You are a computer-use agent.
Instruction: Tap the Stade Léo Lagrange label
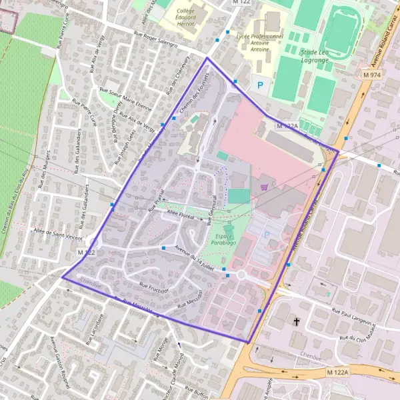click(x=315, y=56)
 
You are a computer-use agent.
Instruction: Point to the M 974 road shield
click(x=371, y=75)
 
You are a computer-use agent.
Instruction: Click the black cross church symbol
click(x=297, y=322)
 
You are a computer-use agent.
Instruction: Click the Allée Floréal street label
click(x=180, y=211)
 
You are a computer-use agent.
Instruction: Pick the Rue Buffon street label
click(x=197, y=391)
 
